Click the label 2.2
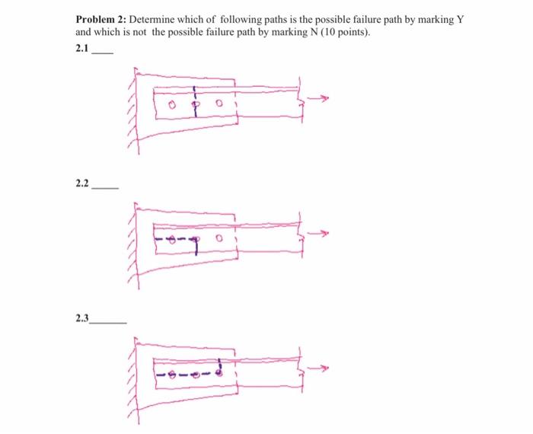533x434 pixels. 82,183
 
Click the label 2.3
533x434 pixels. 82,319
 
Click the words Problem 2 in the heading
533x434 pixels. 101,20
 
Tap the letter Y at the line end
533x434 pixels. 460,20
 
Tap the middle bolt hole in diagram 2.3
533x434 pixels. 196,374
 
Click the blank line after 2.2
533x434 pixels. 104,187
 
